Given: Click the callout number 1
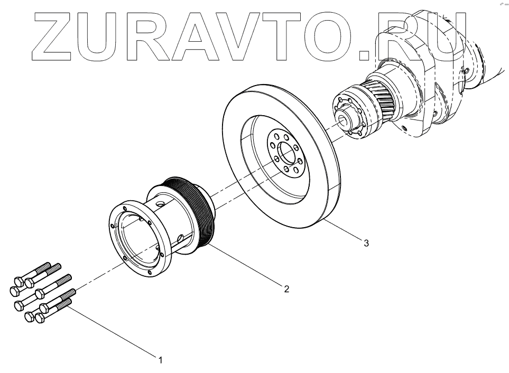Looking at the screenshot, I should pos(159,360).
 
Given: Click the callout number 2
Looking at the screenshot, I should pos(286,288).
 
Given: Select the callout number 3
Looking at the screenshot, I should pos(365,243).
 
